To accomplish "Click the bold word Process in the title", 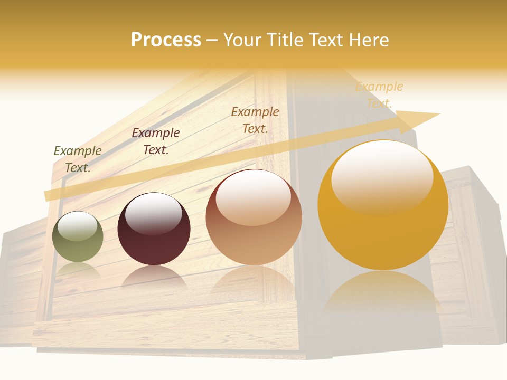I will tap(166, 40).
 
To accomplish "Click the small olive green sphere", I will tap(78, 237).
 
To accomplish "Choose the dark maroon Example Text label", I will tap(156, 141).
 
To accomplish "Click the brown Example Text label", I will tap(255, 120).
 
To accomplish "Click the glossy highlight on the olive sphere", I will tap(77, 226).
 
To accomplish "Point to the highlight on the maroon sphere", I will tap(153, 213).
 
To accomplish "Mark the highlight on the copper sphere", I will tap(253, 196).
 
